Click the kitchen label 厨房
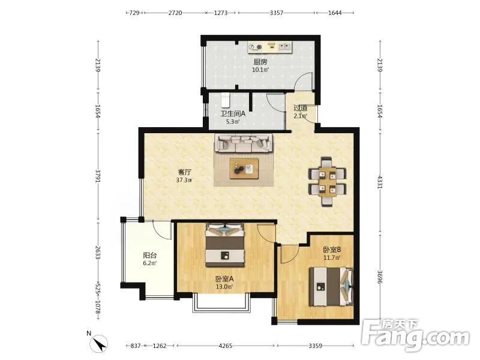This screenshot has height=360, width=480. coord(260,62)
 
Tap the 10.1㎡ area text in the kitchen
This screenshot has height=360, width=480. coord(260,70)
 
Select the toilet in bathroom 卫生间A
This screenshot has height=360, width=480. coord(226,100)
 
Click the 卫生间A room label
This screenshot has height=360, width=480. coord(233,114)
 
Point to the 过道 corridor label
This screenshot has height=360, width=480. coord(301,108)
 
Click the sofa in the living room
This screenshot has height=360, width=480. coord(244,143)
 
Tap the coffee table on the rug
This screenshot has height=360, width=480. coord(244,169)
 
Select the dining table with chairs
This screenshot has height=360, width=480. coord(327,181)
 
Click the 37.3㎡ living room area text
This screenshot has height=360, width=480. coord(184,181)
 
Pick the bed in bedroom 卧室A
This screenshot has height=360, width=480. coord(225,245)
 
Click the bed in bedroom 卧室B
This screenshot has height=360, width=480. coord(331,287)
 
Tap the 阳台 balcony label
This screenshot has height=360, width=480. coord(149,256)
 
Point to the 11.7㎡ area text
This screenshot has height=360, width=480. coord(332,258)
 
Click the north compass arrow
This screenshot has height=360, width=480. coord(100,343)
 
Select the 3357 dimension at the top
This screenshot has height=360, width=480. coord(277,13)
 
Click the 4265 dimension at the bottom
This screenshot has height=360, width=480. coord(226,346)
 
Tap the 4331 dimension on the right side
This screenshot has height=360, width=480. coord(380,182)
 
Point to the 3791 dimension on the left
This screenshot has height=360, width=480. coord(98,176)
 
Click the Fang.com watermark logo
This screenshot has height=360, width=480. coord(415,336)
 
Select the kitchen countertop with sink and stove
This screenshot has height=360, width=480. coord(269,47)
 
